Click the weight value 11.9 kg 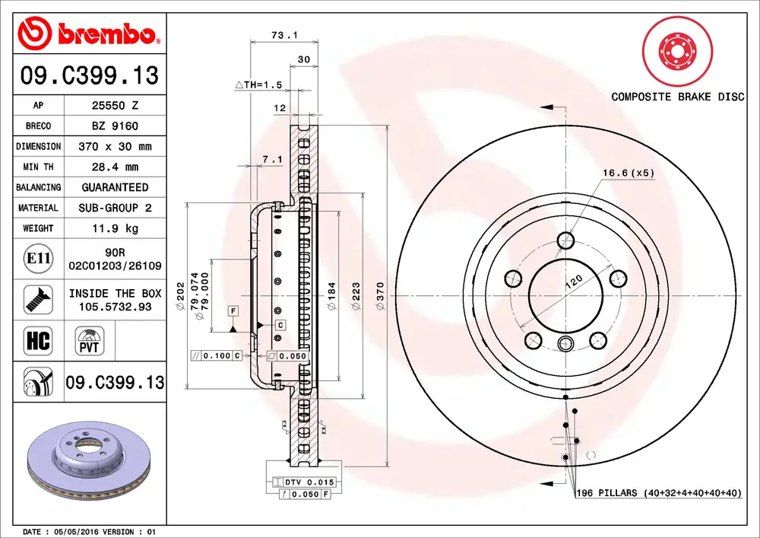click(x=116, y=228)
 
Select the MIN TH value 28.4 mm click(x=116, y=167)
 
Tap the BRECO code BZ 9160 click(x=116, y=126)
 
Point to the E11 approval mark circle click(x=38, y=258)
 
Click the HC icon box click(x=38, y=341)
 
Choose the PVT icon click(x=90, y=341)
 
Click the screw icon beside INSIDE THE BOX click(x=38, y=299)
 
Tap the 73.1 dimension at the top click(x=284, y=35)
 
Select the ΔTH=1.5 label click(x=259, y=85)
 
